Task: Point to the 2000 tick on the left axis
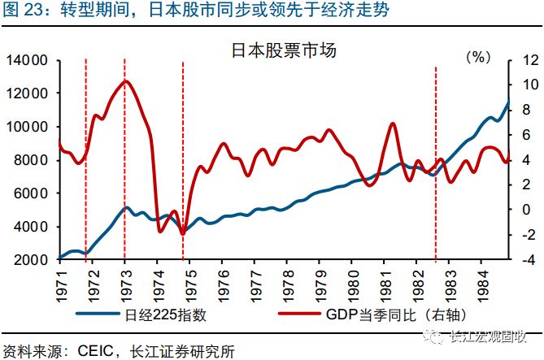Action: pos(31,260)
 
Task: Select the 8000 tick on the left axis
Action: pos(31,160)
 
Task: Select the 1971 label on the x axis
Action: pos(59,282)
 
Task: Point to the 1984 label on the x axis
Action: pos(483,282)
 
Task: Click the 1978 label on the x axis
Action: pos(287,282)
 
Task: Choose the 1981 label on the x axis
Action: pos(385,282)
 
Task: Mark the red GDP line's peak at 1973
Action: pos(124,80)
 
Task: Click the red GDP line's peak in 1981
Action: pos(393,124)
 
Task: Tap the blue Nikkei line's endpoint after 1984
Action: pos(510,101)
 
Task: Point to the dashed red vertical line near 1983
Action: pos(437,163)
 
